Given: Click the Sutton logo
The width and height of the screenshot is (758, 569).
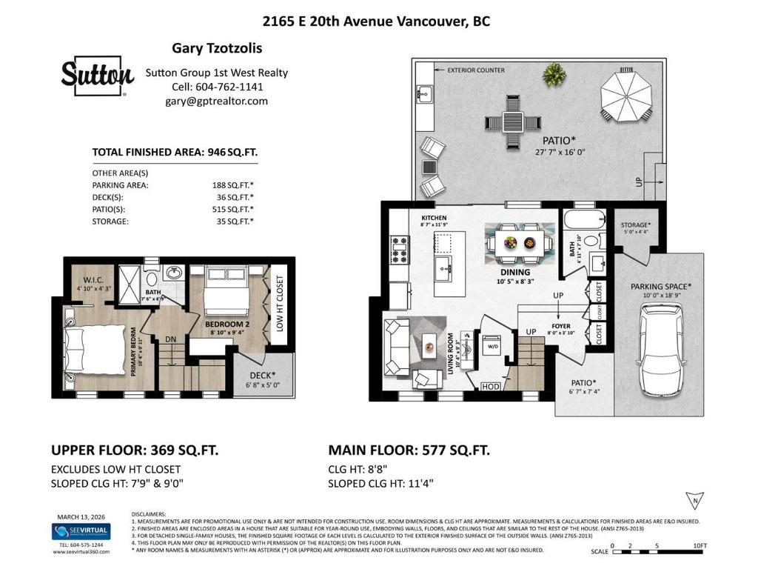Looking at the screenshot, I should coord(97,76).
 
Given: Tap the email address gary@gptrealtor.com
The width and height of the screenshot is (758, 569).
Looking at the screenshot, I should coord(207,101).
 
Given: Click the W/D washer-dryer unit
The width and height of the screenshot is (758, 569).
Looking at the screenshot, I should coord(492,346).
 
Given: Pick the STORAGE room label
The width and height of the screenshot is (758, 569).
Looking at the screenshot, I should coord(635,224).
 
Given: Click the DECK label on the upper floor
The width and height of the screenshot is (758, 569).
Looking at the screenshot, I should coord(263,375).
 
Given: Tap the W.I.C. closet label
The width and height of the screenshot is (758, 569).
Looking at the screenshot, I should coord(92,280).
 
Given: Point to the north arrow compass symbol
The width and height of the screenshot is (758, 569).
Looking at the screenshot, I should coord(694,500).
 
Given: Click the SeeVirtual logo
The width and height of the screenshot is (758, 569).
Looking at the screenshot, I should coord(81,532).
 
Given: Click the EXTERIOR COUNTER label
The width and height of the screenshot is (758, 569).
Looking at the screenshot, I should coord(476,70).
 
